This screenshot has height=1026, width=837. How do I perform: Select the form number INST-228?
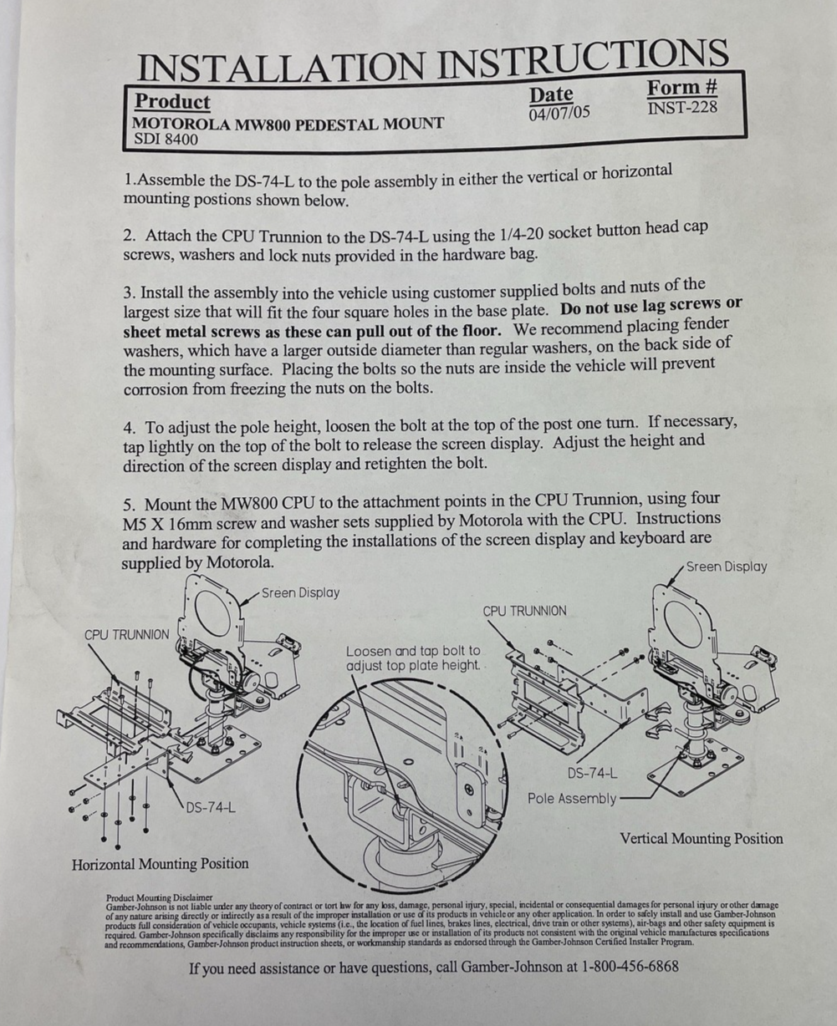coord(682,108)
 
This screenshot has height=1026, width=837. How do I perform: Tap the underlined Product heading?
coord(172,102)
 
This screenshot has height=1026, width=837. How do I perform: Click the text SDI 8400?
coord(166,140)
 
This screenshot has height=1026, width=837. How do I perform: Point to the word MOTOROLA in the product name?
coord(181,124)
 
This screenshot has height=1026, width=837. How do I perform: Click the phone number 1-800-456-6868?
coord(630,967)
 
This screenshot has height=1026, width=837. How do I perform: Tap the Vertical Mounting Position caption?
coord(701,839)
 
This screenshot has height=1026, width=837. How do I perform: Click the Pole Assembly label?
coord(572,799)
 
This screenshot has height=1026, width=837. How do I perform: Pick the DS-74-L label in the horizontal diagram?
coord(211,808)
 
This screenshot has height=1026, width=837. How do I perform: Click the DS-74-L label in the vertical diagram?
coord(592,774)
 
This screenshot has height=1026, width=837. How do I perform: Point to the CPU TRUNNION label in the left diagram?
coord(127,635)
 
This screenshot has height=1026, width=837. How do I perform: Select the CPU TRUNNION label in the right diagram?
coord(524,612)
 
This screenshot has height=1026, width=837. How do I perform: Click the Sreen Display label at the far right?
coord(727,567)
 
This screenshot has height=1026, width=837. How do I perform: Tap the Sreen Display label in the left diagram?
coord(300,593)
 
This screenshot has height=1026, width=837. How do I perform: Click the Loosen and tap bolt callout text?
coord(413,658)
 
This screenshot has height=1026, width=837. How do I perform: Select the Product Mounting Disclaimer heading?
coord(159,897)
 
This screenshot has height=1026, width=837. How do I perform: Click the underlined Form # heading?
coord(681,88)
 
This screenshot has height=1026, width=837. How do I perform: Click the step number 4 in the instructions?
coord(129,429)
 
